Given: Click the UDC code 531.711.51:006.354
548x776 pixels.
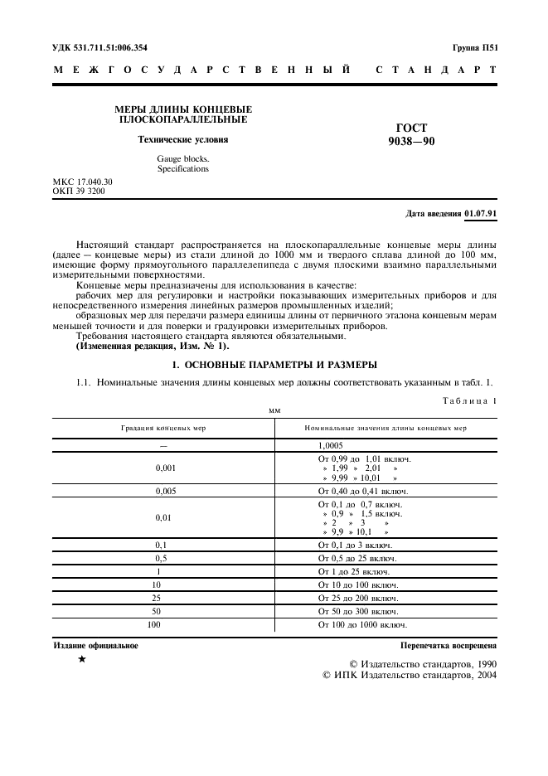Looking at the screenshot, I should [109, 48].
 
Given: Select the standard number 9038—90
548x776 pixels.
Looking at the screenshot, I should [411, 142].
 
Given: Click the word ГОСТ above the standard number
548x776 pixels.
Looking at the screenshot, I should [412, 128].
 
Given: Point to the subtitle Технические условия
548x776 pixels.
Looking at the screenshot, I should [182, 139].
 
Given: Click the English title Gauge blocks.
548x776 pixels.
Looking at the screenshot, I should [183, 158].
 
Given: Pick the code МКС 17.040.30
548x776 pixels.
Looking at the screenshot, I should [83, 182].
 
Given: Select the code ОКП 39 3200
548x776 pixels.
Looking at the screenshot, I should [80, 191].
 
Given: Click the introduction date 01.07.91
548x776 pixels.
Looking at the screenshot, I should [481, 213].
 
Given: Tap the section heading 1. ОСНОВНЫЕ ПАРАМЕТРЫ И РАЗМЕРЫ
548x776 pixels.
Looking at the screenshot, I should [274, 364].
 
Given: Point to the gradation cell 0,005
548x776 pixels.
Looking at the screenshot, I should [163, 491].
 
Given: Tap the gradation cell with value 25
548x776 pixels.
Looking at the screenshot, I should [163, 597].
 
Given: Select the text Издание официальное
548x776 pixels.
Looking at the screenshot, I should [96, 644].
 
